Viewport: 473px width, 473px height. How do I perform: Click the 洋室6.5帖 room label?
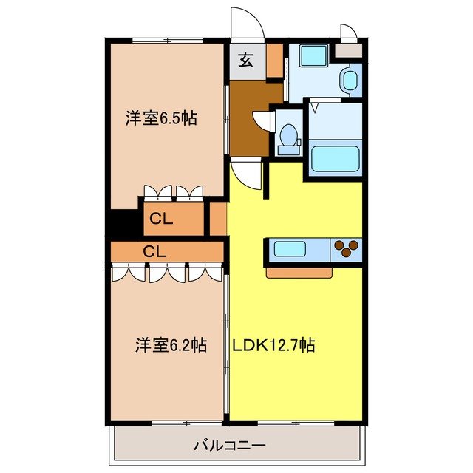click(x=160, y=118)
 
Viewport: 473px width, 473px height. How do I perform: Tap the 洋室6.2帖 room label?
click(x=170, y=344)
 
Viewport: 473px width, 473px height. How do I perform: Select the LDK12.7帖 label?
click(x=273, y=344)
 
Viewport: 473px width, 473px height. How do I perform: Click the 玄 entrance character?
click(x=245, y=61)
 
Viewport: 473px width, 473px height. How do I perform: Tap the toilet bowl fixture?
click(x=287, y=137)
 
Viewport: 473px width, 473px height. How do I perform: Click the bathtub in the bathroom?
click(x=335, y=159)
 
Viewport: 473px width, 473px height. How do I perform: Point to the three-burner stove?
click(x=347, y=250)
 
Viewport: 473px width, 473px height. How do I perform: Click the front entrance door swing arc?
click(x=247, y=22)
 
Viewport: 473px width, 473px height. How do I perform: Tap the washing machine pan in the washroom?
click(x=313, y=57)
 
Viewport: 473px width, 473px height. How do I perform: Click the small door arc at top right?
click(x=347, y=33)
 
